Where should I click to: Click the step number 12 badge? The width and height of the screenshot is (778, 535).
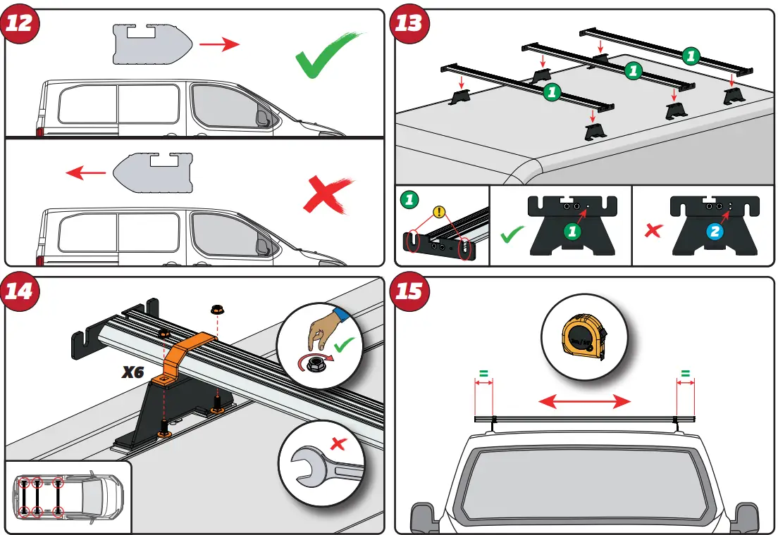(20, 23)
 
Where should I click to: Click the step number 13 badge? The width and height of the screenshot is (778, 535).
(408, 23)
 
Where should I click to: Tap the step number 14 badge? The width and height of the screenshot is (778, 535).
(20, 290)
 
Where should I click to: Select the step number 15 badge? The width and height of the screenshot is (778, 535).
(408, 290)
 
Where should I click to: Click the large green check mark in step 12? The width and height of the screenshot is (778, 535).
(328, 56)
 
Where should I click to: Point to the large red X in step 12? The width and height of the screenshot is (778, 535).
(328, 194)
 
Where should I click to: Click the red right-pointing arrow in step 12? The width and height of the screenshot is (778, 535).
(219, 45)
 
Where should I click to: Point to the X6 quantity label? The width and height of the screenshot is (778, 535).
(132, 372)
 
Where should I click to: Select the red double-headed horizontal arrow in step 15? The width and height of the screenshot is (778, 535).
(584, 402)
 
